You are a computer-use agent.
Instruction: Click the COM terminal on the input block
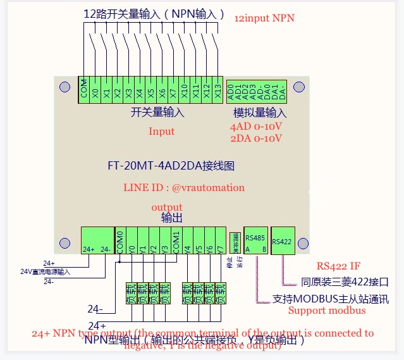coord(83,89)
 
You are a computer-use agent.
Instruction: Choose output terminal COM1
coord(176,240)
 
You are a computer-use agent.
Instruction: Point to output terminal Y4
coord(188,240)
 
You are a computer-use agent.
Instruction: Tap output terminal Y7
coord(219,240)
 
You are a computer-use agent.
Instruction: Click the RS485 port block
coord(255,240)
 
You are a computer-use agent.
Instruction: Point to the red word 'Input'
coord(161,132)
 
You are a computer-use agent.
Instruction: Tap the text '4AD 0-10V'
coord(256,127)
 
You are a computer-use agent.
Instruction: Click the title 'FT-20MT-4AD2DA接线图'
coord(171,166)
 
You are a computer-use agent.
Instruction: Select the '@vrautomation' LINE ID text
coord(208,188)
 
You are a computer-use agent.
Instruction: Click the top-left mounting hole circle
coord(64,87)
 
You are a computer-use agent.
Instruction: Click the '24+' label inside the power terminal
coord(89,249)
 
